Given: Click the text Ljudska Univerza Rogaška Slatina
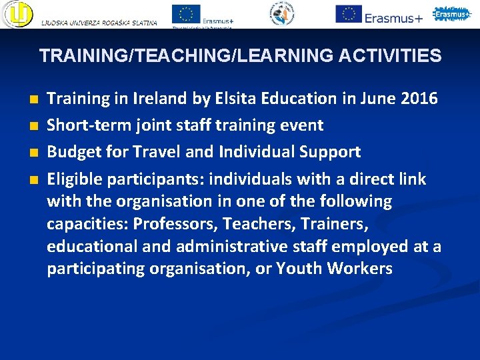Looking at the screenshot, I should pos(99,23).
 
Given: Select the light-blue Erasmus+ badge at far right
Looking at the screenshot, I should pos(452,14).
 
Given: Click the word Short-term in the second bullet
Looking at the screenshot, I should pos(81,125).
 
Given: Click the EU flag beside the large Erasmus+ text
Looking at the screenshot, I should pos(349,13).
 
